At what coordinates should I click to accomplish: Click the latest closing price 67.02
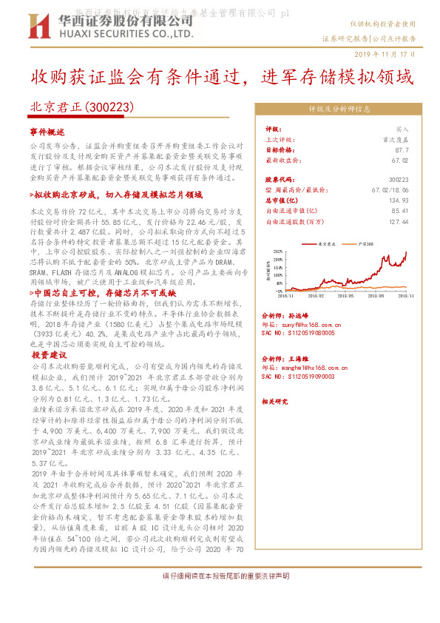pos(400,159)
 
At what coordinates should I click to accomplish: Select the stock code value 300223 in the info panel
pos(398,179)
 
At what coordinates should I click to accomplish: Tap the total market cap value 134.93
pos(398,200)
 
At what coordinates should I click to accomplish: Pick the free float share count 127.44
pos(398,220)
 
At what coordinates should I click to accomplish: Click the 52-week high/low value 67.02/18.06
pos(390,189)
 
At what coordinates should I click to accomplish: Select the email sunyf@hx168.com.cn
pos(302,324)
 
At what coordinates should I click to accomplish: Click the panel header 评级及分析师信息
pos(339,109)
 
